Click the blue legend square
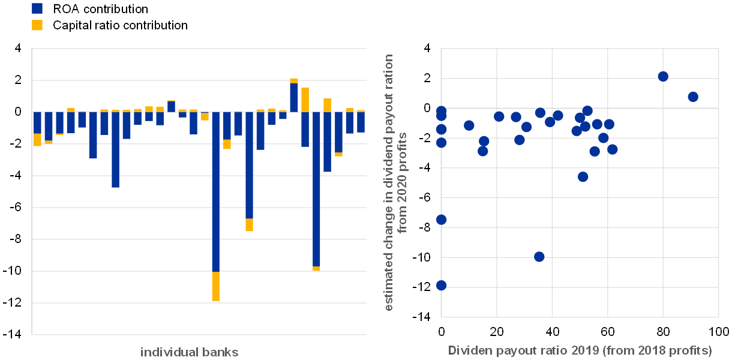37,8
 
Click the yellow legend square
37,25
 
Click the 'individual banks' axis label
189,352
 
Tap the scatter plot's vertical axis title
395,182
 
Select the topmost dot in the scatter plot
663,76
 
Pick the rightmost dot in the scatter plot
693,97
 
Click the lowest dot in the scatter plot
441,285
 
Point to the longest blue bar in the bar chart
215,192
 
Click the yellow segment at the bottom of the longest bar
215,286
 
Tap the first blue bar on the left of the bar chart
37,123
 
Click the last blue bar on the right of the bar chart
361,122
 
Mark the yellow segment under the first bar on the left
37,140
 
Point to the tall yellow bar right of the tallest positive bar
305,100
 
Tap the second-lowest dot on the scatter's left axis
441,220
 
